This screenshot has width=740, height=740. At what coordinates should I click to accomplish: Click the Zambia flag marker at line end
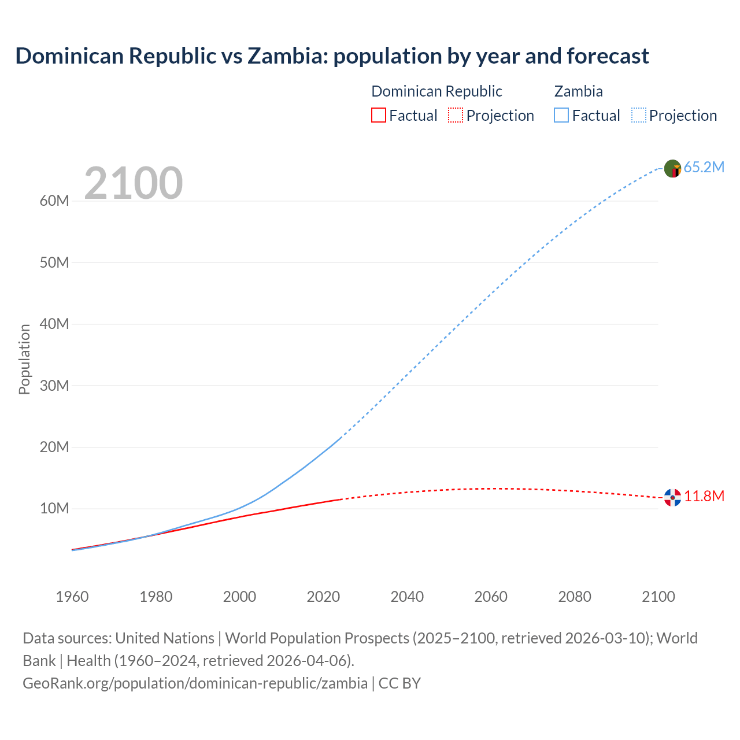click(x=672, y=168)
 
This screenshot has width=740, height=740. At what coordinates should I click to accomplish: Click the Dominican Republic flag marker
click(x=672, y=497)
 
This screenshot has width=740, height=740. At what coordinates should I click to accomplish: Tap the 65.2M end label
click(x=704, y=168)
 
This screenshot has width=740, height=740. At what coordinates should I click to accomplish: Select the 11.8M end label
click(x=704, y=497)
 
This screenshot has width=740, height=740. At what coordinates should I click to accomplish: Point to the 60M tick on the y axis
click(x=54, y=201)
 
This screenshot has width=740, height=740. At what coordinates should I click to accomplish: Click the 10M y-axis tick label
click(x=54, y=509)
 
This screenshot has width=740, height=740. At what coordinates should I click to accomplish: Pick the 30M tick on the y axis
click(x=54, y=386)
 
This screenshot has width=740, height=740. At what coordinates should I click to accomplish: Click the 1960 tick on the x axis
click(x=72, y=597)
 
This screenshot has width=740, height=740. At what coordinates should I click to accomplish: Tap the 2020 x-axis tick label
click(x=323, y=597)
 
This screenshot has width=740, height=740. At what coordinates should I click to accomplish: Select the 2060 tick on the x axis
click(x=491, y=597)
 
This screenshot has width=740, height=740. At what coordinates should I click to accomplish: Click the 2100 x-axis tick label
click(x=658, y=597)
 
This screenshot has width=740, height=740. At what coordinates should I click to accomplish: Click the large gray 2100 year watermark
click(x=134, y=183)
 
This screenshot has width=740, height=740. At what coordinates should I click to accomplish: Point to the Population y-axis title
click(x=24, y=359)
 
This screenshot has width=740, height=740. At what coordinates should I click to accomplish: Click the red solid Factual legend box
click(x=378, y=116)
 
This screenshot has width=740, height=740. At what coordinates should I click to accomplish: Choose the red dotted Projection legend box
click(x=456, y=116)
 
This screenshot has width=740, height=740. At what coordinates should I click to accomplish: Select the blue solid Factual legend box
click(x=561, y=116)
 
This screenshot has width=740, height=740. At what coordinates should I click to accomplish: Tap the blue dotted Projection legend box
click(x=638, y=116)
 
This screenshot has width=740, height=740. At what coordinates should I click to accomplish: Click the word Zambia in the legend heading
click(x=578, y=91)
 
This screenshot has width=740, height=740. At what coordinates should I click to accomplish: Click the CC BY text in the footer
click(x=399, y=683)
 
